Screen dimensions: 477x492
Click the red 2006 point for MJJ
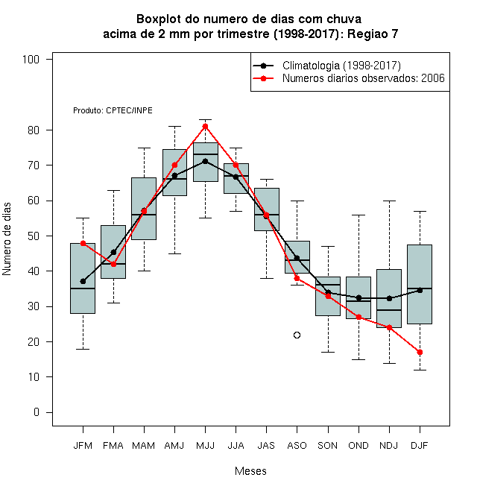click(x=205, y=127)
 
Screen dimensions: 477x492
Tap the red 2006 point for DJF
click(x=420, y=352)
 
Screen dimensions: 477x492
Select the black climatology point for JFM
click(x=83, y=282)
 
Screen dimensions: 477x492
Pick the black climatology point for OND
click(x=358, y=297)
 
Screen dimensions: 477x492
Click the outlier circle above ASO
click(x=297, y=335)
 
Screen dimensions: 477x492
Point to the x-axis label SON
click(x=327, y=446)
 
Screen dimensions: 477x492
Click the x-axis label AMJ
click(x=174, y=446)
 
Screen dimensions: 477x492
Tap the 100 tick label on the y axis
click(x=31, y=60)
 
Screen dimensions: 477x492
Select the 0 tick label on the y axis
click(x=37, y=412)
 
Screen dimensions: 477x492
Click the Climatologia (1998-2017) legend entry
click(x=341, y=66)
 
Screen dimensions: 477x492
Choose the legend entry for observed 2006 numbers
click(x=364, y=78)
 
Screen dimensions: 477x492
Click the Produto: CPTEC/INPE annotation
click(x=113, y=110)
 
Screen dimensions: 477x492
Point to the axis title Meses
click(x=250, y=471)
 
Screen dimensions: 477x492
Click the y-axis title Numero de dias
click(x=7, y=239)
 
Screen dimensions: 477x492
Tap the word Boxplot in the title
click(x=159, y=19)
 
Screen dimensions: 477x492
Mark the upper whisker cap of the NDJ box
click(x=390, y=201)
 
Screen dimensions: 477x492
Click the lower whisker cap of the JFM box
click(x=83, y=349)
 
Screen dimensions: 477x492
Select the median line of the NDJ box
click(x=389, y=310)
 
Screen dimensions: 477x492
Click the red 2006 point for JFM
click(x=83, y=243)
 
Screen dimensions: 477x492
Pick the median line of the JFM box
click(x=83, y=288)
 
